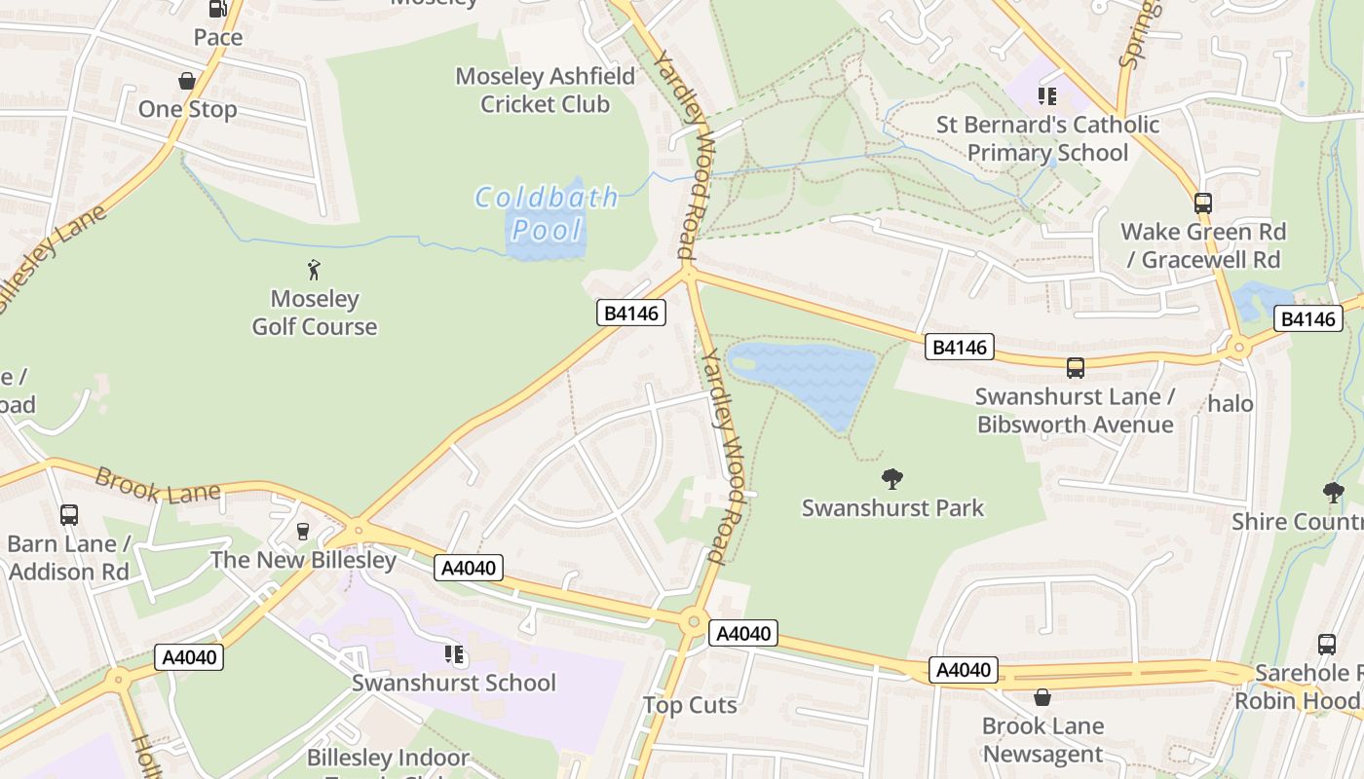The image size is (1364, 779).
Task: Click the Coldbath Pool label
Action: point(547,213)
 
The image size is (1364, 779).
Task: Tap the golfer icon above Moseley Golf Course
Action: point(314,270)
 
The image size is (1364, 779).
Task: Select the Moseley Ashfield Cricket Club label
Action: point(545,90)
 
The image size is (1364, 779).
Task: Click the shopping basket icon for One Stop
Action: point(186,81)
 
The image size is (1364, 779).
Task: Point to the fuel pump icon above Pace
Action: point(217,9)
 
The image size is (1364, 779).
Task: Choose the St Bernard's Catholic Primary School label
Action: point(1047,138)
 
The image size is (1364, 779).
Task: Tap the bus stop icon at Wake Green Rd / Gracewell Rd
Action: point(1203,203)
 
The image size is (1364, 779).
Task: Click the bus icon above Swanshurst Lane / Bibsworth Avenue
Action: point(1076,368)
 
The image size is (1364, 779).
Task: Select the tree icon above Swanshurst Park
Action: point(891,478)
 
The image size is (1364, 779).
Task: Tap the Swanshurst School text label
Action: point(454,683)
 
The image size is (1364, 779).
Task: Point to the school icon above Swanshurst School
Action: point(453,654)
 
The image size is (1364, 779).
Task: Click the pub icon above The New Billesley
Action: point(303,531)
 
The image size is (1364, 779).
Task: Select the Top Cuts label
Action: point(690,705)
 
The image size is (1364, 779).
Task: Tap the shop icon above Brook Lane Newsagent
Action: point(1042,697)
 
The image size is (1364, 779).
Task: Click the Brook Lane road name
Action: point(157,485)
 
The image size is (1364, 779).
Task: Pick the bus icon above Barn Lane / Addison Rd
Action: point(68,515)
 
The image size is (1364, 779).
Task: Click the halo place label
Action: point(1231,403)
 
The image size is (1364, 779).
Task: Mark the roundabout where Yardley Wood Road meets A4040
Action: point(693,619)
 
